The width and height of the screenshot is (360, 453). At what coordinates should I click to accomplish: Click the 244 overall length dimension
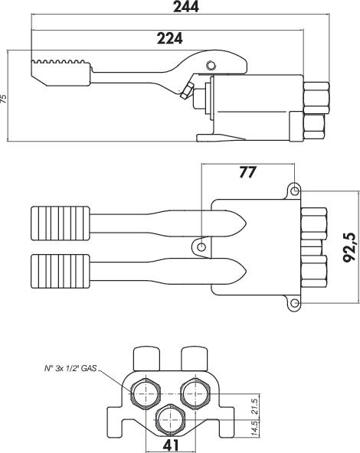click(x=186, y=6)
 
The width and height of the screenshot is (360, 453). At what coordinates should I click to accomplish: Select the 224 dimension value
click(x=170, y=38)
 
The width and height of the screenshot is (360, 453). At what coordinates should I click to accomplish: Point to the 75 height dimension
click(x=3, y=98)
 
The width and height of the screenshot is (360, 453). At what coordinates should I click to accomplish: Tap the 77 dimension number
click(x=248, y=172)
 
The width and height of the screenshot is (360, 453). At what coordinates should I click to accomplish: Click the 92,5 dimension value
click(x=349, y=247)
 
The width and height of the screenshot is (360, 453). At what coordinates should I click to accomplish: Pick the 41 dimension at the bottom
click(x=171, y=445)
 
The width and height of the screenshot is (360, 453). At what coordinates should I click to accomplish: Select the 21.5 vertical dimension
click(x=254, y=406)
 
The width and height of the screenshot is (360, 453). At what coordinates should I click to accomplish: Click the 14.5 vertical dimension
click(x=254, y=429)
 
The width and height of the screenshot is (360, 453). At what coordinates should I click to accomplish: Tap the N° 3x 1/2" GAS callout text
click(x=70, y=368)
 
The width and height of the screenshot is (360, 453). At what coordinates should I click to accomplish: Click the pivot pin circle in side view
click(x=211, y=65)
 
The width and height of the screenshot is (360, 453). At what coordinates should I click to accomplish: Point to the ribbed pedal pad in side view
click(x=61, y=73)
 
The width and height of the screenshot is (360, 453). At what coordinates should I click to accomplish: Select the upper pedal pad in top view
click(x=61, y=223)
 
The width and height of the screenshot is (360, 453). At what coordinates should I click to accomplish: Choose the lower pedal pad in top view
click(x=61, y=271)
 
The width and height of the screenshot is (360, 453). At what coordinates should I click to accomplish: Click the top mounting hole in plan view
click(x=294, y=191)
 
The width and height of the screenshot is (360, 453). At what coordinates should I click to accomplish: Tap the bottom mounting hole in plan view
click(x=294, y=303)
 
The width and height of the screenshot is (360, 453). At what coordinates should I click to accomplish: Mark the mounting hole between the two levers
click(x=201, y=247)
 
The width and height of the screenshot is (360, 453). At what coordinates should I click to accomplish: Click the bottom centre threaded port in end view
click(x=171, y=419)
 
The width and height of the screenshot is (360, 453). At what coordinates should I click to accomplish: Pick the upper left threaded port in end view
click(x=146, y=393)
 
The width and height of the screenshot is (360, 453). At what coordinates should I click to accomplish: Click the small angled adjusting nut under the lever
click(x=187, y=90)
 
